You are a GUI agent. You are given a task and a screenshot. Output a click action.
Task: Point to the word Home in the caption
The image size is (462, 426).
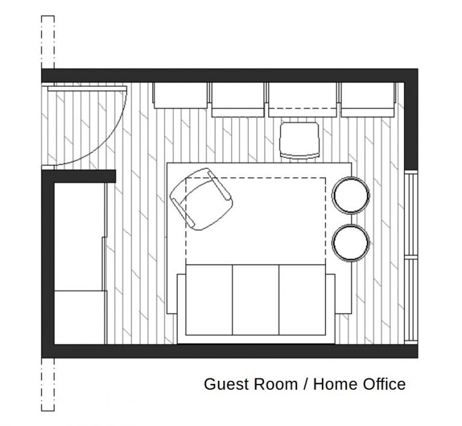pos(334,384)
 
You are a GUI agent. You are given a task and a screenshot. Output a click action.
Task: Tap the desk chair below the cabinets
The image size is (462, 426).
pos(299,140)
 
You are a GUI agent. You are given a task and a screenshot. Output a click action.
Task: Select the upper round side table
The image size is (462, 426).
pos(351,194)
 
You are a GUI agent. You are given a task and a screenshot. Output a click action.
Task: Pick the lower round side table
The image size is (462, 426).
pos(351,242)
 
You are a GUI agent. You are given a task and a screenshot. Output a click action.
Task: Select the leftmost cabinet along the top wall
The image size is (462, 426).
pos(180,95)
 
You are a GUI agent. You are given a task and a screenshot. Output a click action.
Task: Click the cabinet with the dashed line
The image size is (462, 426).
pos(302,98)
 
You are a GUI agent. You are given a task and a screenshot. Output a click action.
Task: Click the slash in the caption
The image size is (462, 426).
pos(306,384)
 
